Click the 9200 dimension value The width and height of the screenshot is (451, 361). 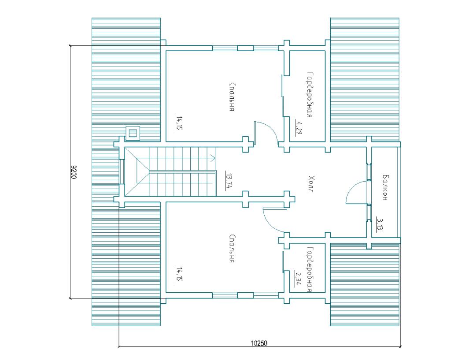tap(74, 172)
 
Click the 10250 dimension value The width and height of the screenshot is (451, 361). tap(259, 343)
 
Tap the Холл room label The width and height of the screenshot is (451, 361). tap(311, 184)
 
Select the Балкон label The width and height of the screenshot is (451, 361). tap(385, 187)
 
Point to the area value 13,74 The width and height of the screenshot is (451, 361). tap(229, 181)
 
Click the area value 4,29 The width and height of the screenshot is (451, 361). tap(299, 128)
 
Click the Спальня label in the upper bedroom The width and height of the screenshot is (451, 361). tap(233, 97)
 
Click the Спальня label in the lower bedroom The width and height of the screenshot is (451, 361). tap(233, 249)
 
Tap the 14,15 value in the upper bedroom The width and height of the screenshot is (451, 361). tap(179, 124)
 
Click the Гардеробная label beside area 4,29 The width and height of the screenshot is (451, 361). tap(310, 95)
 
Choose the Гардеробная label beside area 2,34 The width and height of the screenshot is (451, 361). tap(310, 269)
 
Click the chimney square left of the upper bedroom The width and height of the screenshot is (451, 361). tap(133, 133)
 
